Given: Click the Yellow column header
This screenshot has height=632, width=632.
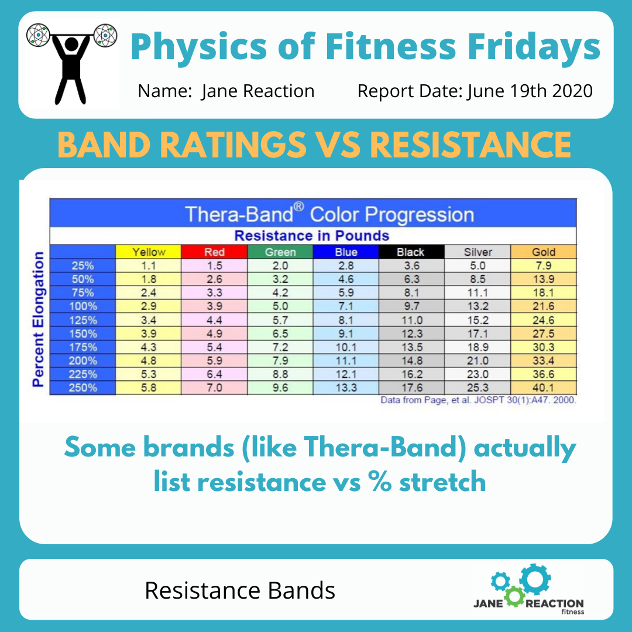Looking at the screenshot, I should tap(149, 252).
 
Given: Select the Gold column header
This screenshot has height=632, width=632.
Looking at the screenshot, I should tap(544, 252).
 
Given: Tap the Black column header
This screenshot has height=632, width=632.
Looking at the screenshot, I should tap(410, 252).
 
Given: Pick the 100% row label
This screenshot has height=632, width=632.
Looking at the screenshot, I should tap(84, 306).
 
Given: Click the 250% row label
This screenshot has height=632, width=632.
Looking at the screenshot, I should tap(84, 387).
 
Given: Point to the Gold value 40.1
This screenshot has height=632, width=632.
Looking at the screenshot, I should tap(544, 387).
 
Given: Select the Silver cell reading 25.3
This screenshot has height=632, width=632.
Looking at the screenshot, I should tap(478, 387).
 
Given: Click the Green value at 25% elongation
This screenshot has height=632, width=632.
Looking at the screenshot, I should tap(280, 266).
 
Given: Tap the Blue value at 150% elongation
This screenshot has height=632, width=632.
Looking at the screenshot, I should tap(346, 333).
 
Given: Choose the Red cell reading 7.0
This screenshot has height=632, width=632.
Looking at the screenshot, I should tap(214, 387).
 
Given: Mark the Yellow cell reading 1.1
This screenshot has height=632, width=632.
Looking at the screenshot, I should tap(149, 266).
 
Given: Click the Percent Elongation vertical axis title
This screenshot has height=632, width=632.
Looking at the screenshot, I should tap(39, 319).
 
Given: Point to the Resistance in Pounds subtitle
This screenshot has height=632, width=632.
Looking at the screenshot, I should tap(311, 236).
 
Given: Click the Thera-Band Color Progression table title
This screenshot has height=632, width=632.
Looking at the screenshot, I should tap(329, 214).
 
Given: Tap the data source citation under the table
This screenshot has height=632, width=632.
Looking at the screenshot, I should tap(478, 401).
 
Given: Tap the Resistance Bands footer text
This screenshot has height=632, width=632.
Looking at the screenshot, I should tap(240, 590).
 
